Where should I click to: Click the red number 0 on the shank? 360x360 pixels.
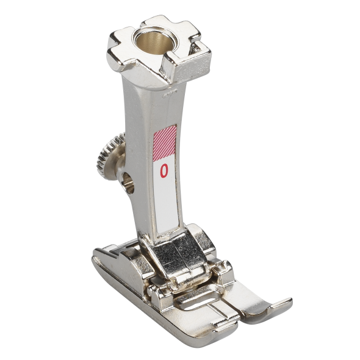tap(164, 171)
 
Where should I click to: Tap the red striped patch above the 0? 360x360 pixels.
tap(165, 142)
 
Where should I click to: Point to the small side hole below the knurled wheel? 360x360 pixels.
tap(128, 183)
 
